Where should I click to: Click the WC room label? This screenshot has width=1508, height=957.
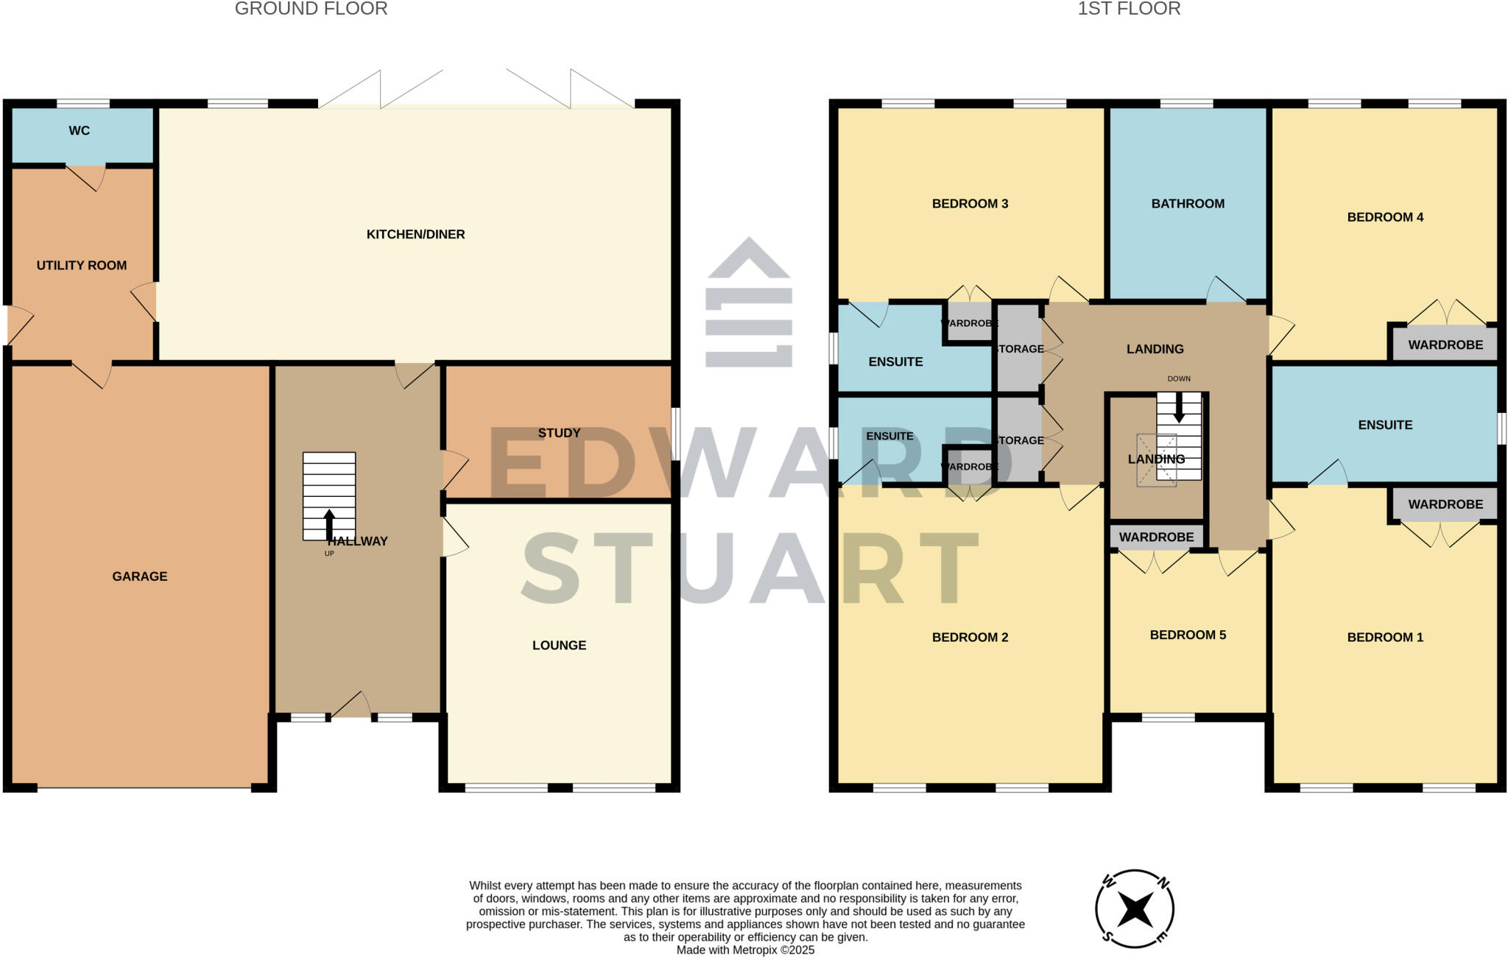[x=80, y=131]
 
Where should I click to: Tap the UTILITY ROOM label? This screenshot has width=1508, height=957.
[x=82, y=266]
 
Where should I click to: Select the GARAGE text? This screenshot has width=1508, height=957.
[x=140, y=576]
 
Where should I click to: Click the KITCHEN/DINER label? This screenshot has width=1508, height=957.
[x=415, y=235]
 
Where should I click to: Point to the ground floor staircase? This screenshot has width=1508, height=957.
[x=329, y=495]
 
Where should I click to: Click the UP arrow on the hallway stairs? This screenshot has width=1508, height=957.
[x=329, y=524]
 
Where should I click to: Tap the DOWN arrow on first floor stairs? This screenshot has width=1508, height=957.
[x=1179, y=407]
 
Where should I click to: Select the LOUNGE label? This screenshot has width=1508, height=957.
[x=559, y=646]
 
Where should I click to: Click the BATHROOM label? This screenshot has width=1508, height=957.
[x=1188, y=204]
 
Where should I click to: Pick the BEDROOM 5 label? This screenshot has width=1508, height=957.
[x=1188, y=635]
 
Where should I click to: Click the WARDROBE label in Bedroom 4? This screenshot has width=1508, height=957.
[x=1445, y=345]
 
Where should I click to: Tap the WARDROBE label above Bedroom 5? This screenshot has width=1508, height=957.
[x=1156, y=537]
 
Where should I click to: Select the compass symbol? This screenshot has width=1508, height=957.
[x=1135, y=909]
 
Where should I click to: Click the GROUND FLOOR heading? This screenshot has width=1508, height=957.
[x=311, y=9]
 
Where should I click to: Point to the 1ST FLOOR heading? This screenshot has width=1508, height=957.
[x=1129, y=9]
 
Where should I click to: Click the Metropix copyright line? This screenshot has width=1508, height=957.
[x=745, y=950]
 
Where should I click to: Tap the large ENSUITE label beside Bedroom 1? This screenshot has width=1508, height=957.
[x=1385, y=425]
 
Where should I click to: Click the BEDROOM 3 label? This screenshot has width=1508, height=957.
[x=970, y=204]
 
